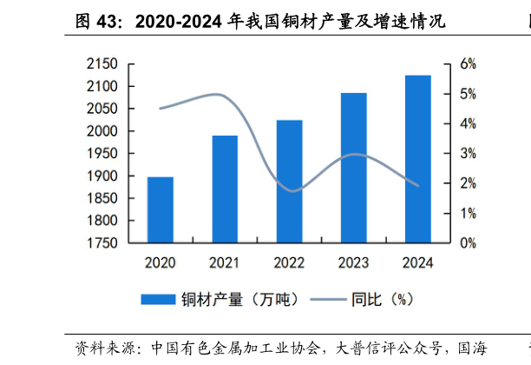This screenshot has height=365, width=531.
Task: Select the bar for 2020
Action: pos(161,209)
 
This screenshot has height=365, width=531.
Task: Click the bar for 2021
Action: pos(225,189)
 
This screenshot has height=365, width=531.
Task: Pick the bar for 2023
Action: pos(353,168)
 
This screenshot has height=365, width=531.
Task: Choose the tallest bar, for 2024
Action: pos(417,159)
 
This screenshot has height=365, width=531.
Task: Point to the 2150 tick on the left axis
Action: pos(103,64)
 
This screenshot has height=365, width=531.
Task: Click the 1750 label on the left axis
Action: pos(103,243)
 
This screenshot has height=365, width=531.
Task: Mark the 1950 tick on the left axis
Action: pos(103,154)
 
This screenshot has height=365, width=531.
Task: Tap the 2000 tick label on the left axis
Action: pos(103,131)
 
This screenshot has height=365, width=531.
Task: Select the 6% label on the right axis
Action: pos(469,64)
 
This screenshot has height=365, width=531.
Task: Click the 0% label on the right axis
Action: pos(469,243)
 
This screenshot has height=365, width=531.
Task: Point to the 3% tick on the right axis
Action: pos(469,154)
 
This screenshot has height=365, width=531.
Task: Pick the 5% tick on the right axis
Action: pos(469,94)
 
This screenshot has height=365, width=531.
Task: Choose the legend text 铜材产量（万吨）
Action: pos(239,299)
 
